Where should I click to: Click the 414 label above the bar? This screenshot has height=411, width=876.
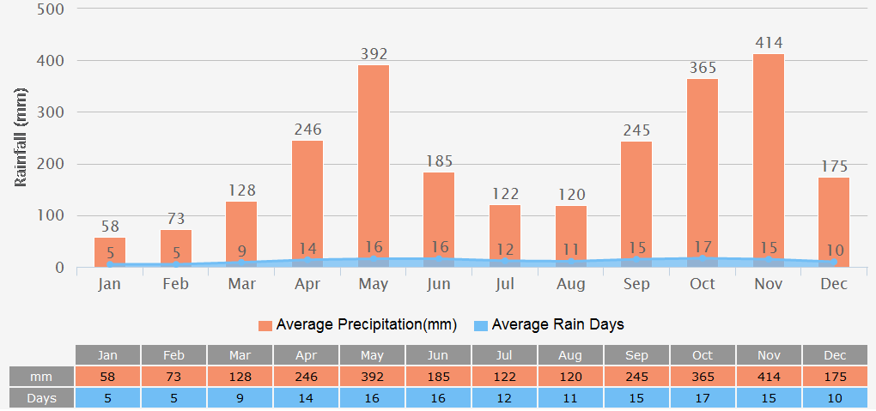pos(768,42)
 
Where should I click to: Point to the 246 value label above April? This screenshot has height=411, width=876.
pos(307,130)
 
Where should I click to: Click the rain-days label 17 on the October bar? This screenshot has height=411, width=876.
pos(703,250)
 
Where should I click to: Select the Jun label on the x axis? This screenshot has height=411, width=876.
pos(439,284)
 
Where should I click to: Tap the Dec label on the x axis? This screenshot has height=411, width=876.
pos(834,284)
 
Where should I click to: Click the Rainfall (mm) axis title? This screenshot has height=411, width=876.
pos(21,137)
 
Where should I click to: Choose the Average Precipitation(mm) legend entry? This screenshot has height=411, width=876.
pos(357,324)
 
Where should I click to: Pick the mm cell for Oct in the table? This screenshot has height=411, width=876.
pos(703,377)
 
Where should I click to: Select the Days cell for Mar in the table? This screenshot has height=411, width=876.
pos(240,398)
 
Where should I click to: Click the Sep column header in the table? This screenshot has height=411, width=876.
pos(636,355)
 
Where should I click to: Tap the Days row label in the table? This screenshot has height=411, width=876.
pos(41,398)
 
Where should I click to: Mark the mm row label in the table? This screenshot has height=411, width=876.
pos(41,377)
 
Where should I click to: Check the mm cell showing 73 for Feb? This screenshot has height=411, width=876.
pos(174,377)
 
